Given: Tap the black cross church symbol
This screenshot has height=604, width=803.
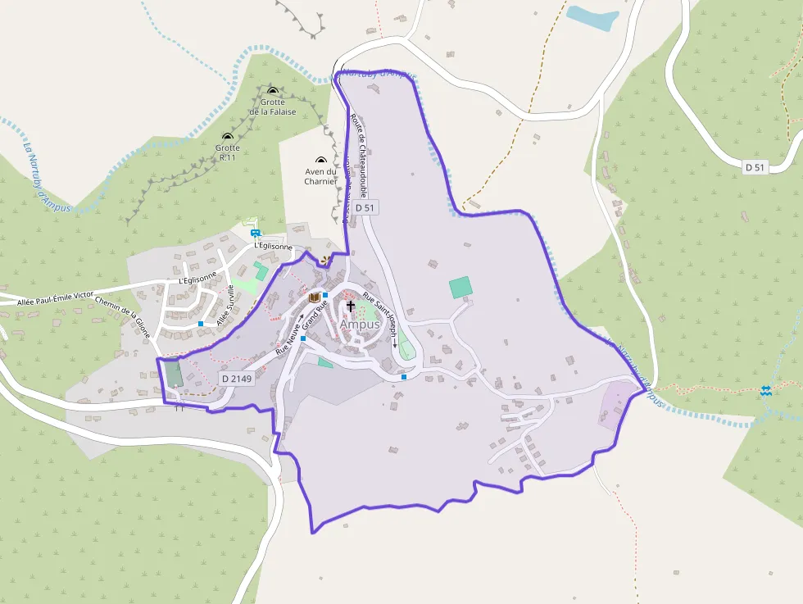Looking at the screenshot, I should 351,307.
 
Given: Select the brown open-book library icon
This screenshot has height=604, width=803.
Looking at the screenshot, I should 314,298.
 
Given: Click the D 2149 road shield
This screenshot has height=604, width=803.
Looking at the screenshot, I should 237,379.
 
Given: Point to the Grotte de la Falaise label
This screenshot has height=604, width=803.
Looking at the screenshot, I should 273,107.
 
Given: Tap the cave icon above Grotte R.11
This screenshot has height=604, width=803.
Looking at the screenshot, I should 227,137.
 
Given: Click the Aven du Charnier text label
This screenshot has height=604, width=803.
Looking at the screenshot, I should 320,176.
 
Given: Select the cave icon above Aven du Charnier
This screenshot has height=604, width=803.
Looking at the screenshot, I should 320,161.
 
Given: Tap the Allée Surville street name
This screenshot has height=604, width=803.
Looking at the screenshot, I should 225,306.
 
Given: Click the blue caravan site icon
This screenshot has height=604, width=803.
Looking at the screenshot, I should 255,233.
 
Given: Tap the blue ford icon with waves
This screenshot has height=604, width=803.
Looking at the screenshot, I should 766,392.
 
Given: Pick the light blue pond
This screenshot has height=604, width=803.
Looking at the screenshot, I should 593,17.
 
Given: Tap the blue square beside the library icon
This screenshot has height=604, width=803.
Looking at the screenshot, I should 326,295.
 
